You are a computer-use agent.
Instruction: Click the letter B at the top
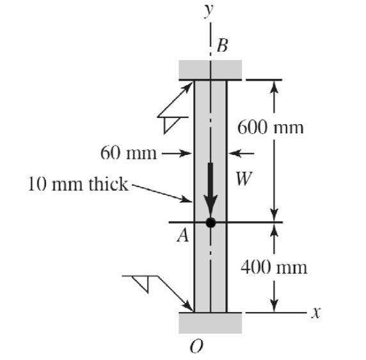[x=222, y=45]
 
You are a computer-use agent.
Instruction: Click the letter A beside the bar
[x=182, y=236]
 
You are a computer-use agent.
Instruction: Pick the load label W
[x=243, y=179]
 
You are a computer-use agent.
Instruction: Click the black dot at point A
[x=211, y=223]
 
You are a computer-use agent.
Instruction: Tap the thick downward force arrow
[x=211, y=189]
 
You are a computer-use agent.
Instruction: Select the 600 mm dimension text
[x=271, y=127]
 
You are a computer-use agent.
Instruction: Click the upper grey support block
[x=210, y=68]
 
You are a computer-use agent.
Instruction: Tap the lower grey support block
[x=210, y=322]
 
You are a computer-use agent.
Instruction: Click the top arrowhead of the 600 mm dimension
[x=274, y=86]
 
